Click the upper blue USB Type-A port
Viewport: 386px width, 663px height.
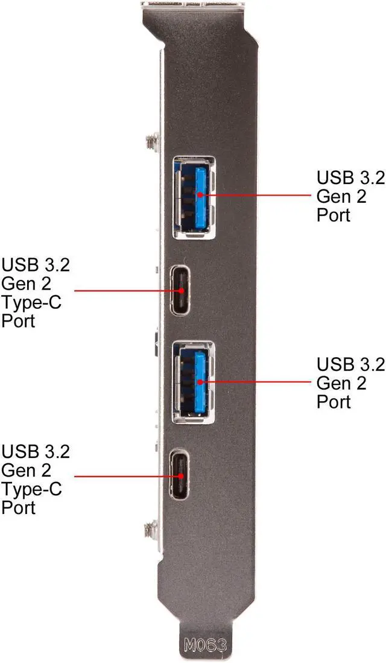pyautogui.click(x=194, y=197)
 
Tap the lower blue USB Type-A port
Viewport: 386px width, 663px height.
pyautogui.click(x=194, y=379)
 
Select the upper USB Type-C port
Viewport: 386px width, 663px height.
pyautogui.click(x=182, y=290)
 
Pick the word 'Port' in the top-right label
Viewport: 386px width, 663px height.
pyautogui.click(x=334, y=215)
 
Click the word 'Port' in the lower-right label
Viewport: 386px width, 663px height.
pyautogui.click(x=334, y=401)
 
